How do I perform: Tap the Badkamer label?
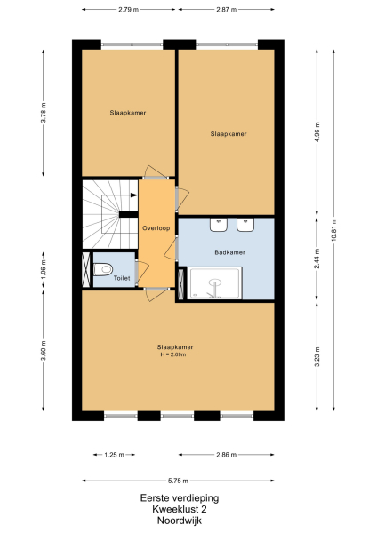point(229,252)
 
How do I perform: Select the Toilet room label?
point(122,278)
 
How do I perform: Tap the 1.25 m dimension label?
point(112,454)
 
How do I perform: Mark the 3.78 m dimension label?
point(44,114)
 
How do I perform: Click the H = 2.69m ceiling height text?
point(176,354)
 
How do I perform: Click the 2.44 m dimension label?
point(317,262)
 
